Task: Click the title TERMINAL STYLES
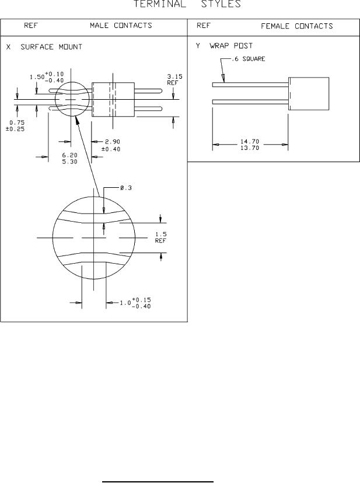click(187, 4)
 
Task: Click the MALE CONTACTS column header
click(121, 26)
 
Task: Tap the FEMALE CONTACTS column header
click(297, 26)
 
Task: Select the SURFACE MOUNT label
click(51, 47)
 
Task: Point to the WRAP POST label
click(231, 46)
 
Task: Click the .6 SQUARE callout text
click(249, 59)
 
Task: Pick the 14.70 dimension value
click(250, 142)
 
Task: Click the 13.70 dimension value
click(250, 148)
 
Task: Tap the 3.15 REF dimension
click(174, 80)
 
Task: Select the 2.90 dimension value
click(113, 142)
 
